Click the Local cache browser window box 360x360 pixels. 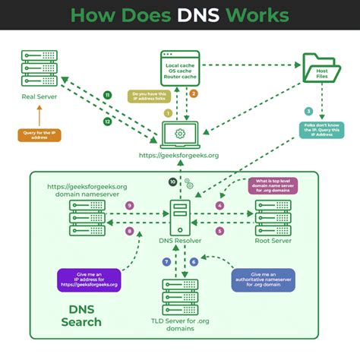179,68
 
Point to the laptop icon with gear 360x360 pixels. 179,134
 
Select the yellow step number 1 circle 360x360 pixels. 167,113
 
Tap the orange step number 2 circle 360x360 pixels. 194,93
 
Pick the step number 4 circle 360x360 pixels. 220,205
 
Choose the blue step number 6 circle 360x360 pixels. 194,261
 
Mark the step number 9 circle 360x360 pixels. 130,205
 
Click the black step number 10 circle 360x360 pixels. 172,182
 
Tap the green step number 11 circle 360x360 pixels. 107,94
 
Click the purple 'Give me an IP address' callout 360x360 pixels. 86,279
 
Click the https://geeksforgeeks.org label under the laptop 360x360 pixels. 179,156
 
